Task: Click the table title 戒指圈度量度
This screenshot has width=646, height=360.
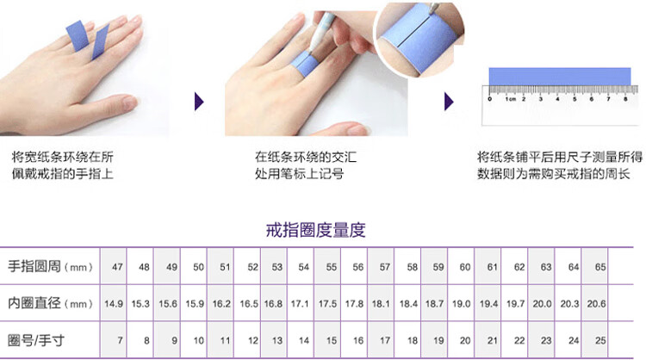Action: click(315, 230)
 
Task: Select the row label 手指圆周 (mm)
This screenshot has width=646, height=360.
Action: click(50, 266)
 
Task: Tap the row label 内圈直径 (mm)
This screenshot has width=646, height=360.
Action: click(50, 303)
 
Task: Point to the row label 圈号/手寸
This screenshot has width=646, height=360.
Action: click(36, 341)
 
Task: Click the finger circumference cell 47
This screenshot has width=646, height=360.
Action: click(117, 267)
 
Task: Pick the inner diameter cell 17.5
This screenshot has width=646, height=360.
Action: click(327, 304)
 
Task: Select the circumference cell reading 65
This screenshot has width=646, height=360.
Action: click(600, 267)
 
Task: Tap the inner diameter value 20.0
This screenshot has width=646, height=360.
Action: click(542, 304)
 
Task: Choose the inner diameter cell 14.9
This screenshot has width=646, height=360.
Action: click(114, 304)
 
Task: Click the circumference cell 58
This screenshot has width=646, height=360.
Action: click(413, 267)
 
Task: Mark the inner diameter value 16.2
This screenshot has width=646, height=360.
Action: click(221, 304)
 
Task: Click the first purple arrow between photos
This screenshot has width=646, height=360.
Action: click(199, 102)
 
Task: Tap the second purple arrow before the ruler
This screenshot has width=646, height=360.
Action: click(449, 102)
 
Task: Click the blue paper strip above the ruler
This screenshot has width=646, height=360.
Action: click(560, 77)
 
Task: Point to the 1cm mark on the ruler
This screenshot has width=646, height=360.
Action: click(511, 99)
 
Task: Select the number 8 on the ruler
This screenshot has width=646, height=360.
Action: click(625, 99)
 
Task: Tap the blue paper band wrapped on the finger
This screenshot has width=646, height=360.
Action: click(304, 64)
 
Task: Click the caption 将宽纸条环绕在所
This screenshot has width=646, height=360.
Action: click(62, 157)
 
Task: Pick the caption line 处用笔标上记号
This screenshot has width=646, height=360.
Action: click(299, 174)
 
